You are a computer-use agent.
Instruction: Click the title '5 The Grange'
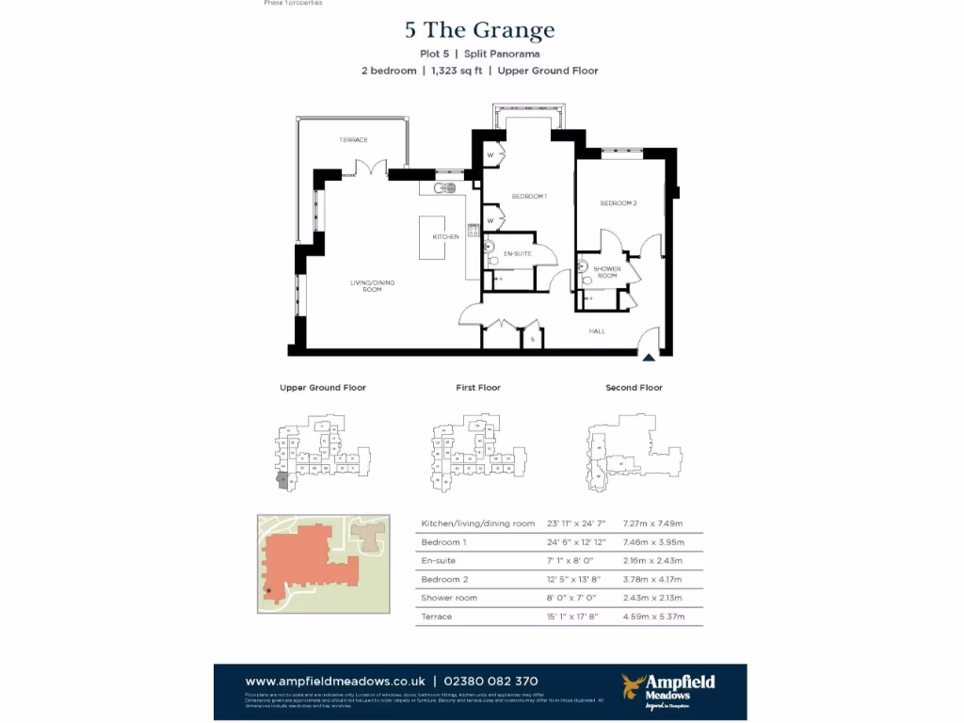point(480,31)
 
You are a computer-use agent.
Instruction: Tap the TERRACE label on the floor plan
point(354,140)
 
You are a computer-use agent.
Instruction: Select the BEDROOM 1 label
point(529,196)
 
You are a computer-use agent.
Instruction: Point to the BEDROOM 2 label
point(619,203)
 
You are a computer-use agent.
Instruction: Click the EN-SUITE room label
point(518,255)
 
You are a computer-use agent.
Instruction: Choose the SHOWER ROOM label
point(607,272)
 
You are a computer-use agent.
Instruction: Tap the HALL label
point(597,331)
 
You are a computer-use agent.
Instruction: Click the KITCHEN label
point(445,237)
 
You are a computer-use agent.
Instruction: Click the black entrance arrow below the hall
point(648,356)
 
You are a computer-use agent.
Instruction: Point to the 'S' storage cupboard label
point(532,339)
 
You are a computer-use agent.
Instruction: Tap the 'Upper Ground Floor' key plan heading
point(323,388)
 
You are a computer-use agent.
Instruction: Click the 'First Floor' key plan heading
point(478,388)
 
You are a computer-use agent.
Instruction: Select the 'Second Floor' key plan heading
point(635,388)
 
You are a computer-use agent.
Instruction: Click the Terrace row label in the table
point(437,617)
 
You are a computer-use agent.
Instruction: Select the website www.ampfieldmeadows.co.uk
point(333,682)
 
